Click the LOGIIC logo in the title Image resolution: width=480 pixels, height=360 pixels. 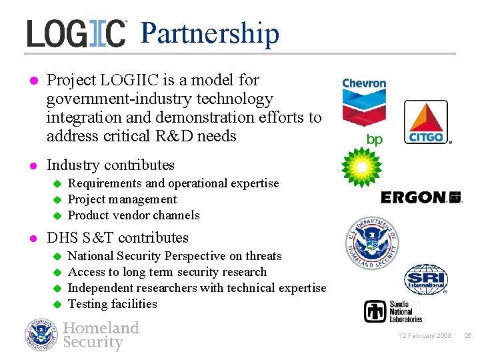(76, 33)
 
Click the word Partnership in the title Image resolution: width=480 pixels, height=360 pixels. (210, 33)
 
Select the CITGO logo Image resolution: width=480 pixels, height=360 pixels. (427, 123)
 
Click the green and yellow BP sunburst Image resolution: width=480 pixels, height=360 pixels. (361, 167)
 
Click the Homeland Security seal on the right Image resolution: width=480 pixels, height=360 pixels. (372, 243)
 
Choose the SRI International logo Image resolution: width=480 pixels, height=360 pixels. (426, 279)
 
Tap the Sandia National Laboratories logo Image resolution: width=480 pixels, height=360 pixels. (393, 311)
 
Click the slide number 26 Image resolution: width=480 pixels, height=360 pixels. (467, 336)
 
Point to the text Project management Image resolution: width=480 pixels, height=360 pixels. (123, 199)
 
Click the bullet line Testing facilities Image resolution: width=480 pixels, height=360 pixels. (113, 304)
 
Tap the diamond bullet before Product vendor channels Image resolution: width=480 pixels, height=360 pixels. (57, 215)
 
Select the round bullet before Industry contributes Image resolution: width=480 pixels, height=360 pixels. (31, 165)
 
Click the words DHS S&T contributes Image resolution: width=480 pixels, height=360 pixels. (117, 238)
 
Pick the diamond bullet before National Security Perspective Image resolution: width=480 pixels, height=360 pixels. (57, 256)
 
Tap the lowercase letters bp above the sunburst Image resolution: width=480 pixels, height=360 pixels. (375, 139)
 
